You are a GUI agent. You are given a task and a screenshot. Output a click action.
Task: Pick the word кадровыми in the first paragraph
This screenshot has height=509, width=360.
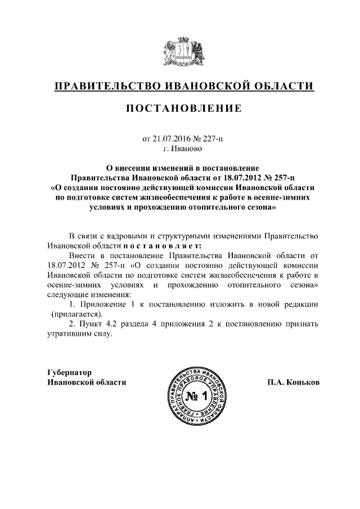click(127, 235)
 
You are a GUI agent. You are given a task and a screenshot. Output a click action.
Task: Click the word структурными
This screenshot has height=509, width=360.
click(184, 235)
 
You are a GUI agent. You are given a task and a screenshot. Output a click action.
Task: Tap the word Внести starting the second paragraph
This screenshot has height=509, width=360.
click(80, 255)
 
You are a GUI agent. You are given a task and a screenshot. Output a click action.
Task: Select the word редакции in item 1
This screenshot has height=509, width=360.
click(300, 304)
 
